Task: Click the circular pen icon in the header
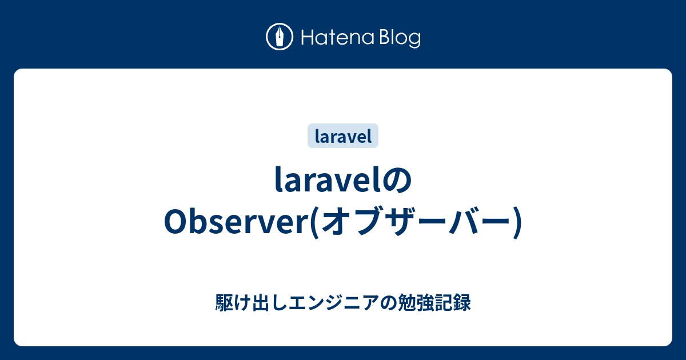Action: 280,37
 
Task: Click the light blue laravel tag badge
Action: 343,136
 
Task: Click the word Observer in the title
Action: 235,223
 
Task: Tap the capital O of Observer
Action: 174,223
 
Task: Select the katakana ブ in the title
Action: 369,223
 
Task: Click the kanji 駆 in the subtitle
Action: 224,303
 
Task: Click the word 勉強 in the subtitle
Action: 415,303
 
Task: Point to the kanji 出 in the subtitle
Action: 256,303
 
